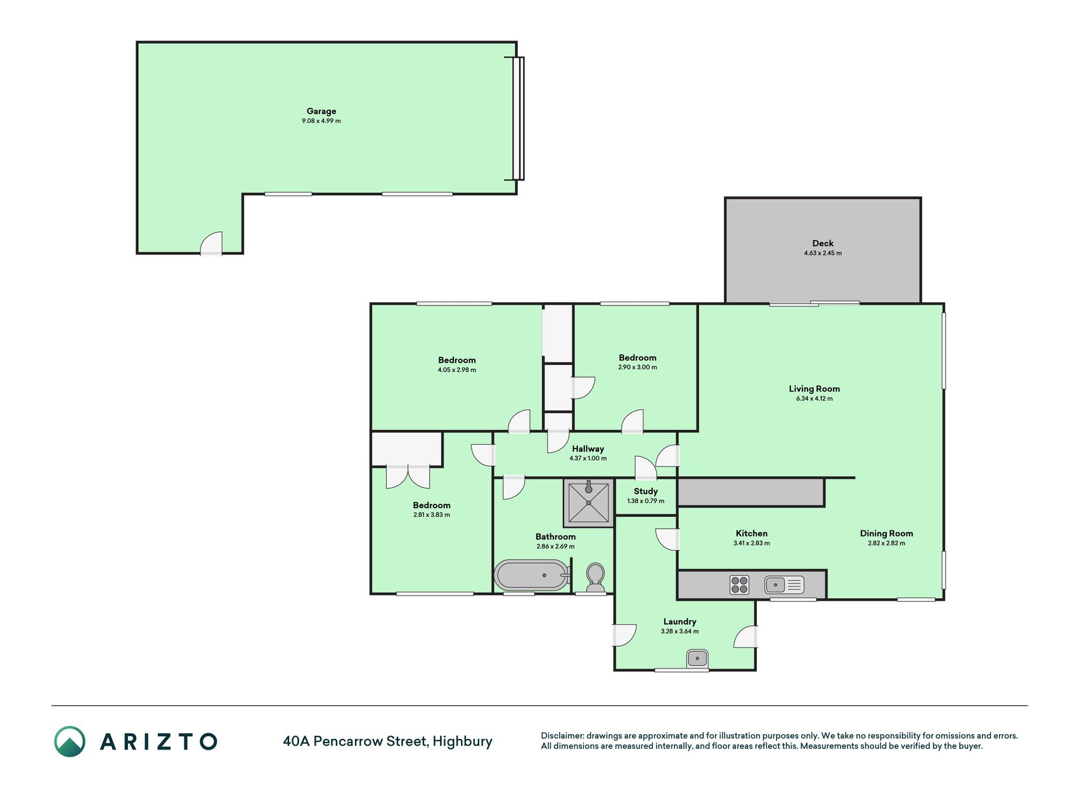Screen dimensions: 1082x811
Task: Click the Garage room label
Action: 321,111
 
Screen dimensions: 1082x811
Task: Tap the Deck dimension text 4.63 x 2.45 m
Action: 823,253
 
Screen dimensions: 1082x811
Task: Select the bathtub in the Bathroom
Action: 532,575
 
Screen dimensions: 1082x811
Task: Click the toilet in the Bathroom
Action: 595,577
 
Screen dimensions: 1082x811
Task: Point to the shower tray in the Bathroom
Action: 589,503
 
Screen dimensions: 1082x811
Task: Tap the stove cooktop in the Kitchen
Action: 739,584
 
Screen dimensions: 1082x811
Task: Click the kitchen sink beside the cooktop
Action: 784,584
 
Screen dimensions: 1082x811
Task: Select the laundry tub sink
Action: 697,659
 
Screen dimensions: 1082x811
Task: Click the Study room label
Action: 646,491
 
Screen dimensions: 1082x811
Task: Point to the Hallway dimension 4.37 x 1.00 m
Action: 588,459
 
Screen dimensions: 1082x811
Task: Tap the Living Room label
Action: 815,389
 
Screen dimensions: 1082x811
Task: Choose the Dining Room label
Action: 886,533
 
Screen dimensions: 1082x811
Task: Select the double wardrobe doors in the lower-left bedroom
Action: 408,476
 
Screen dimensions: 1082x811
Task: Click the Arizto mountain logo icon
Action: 70,741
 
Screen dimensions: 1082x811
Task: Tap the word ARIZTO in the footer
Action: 158,741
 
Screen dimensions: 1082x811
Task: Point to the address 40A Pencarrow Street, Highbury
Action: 388,741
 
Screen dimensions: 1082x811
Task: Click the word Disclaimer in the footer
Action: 562,736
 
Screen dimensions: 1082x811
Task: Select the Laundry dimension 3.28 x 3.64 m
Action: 679,632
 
